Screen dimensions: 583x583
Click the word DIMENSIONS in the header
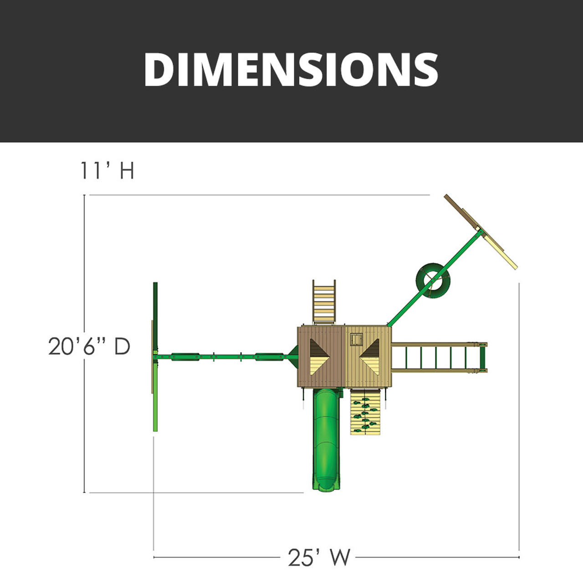(x=291, y=69)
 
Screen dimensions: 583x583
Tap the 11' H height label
(x=107, y=171)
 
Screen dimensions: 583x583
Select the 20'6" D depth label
(x=89, y=347)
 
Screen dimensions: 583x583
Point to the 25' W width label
(x=319, y=557)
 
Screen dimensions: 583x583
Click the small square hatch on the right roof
(x=356, y=340)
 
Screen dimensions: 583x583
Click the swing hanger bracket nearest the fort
(x=269, y=357)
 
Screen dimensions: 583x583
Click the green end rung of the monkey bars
(x=483, y=357)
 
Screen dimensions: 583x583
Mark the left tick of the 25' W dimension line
(x=154, y=557)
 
